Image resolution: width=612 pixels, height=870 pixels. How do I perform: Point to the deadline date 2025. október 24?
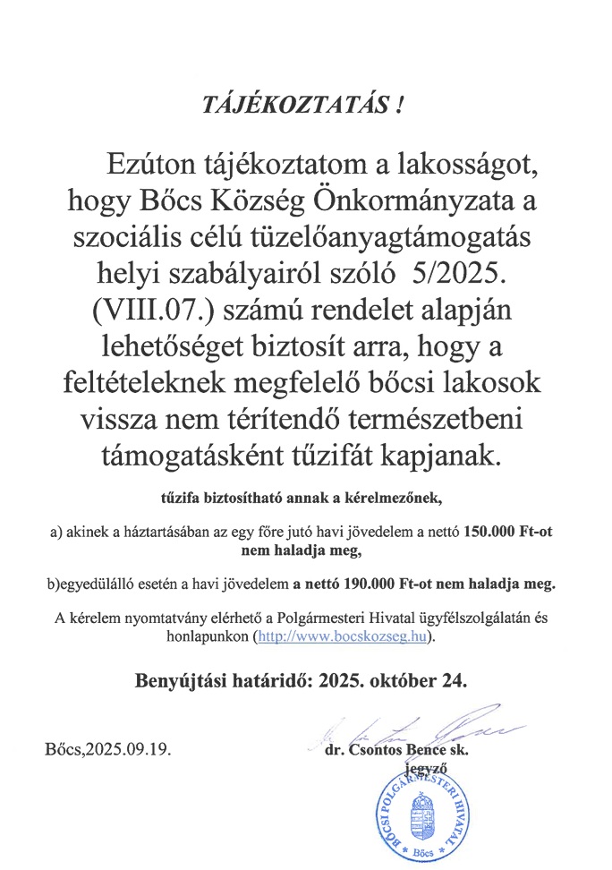click(x=392, y=680)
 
